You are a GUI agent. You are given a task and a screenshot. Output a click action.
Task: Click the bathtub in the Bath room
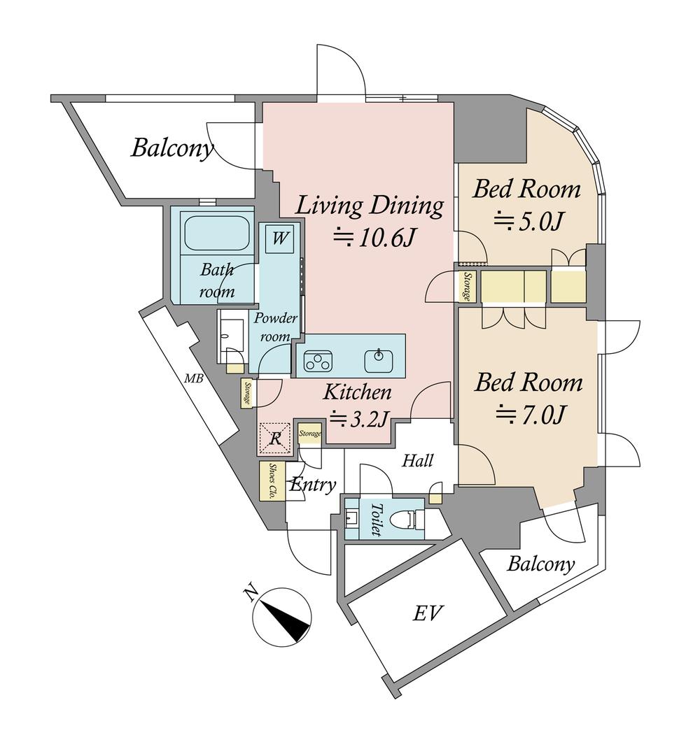click(216, 232)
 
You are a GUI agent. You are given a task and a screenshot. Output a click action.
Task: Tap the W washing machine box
click(279, 238)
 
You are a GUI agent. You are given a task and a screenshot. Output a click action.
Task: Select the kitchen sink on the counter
click(379, 360)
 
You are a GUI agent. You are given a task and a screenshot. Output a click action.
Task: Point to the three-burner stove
click(318, 360)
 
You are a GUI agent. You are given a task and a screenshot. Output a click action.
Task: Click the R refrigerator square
click(275, 438)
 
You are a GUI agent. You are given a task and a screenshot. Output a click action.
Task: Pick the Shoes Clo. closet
click(272, 481)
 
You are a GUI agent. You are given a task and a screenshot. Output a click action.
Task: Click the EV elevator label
click(428, 613)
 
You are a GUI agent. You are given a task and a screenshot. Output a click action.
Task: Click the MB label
click(193, 378)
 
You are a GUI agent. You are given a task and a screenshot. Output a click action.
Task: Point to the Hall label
click(417, 462)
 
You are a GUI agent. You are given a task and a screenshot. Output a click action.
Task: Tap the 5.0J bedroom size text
click(528, 221)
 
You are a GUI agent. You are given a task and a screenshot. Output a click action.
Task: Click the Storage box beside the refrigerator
click(310, 433)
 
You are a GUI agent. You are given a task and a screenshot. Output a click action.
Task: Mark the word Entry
click(313, 485)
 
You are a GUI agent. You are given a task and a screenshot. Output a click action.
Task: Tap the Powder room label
click(275, 327)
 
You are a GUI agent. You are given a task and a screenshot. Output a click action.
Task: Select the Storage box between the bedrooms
click(467, 287)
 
